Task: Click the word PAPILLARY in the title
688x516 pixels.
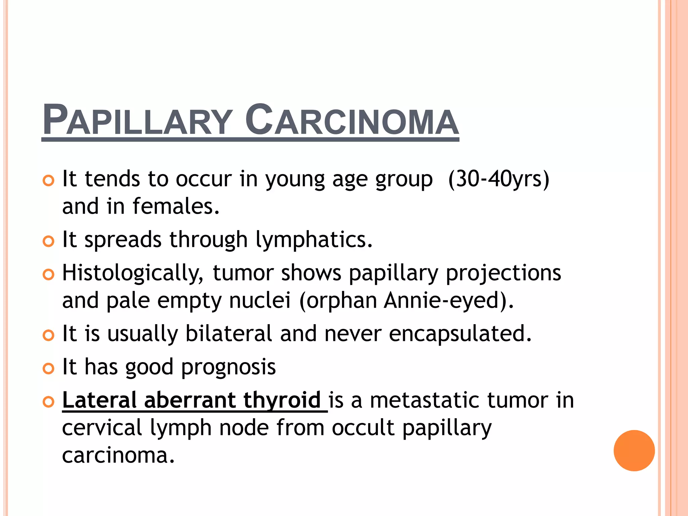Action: tap(138, 120)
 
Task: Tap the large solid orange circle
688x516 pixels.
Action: tap(634, 450)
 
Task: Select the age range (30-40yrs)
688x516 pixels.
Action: tap(499, 179)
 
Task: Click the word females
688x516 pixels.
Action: tap(176, 206)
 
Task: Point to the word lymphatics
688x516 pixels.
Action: tap(314, 240)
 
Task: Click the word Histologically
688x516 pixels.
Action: tap(133, 273)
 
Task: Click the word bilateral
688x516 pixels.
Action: tap(229, 334)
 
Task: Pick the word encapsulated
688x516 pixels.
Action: tap(460, 334)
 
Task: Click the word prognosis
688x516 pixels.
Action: tap(228, 367)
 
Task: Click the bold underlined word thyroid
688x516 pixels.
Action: tap(282, 400)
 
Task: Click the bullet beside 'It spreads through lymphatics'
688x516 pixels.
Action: tap(49, 241)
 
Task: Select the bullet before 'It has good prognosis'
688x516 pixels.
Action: tap(49, 369)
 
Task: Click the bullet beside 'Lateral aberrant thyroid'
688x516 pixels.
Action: tap(49, 402)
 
